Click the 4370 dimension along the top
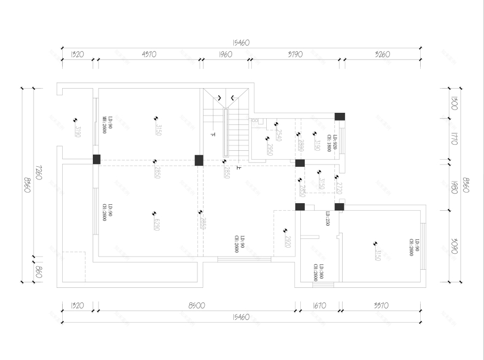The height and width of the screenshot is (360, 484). (149, 54)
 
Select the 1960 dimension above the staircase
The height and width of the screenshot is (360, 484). (226, 54)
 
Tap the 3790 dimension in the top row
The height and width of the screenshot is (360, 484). (295, 54)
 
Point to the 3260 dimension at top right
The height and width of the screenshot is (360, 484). (382, 54)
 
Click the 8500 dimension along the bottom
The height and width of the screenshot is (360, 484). (196, 306)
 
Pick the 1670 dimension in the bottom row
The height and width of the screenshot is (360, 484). (319, 306)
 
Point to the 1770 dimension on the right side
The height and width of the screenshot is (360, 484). (454, 138)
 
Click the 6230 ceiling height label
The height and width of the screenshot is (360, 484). (157, 225)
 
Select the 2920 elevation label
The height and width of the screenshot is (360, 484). (287, 241)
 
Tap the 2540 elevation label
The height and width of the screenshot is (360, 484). (278, 135)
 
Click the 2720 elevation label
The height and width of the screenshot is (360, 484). (339, 188)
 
